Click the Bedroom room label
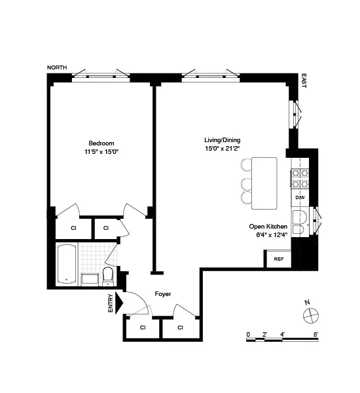click(x=101, y=143)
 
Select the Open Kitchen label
click(x=268, y=227)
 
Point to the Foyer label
click(x=162, y=294)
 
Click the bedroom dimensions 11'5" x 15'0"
click(x=101, y=152)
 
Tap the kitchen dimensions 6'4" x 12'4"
click(x=268, y=236)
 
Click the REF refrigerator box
click(x=278, y=259)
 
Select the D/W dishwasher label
click(x=300, y=196)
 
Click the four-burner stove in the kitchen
click(x=300, y=175)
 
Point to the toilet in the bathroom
click(x=109, y=275)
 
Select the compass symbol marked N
click(x=310, y=314)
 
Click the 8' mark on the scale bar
click(x=316, y=333)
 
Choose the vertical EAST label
click(x=303, y=81)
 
